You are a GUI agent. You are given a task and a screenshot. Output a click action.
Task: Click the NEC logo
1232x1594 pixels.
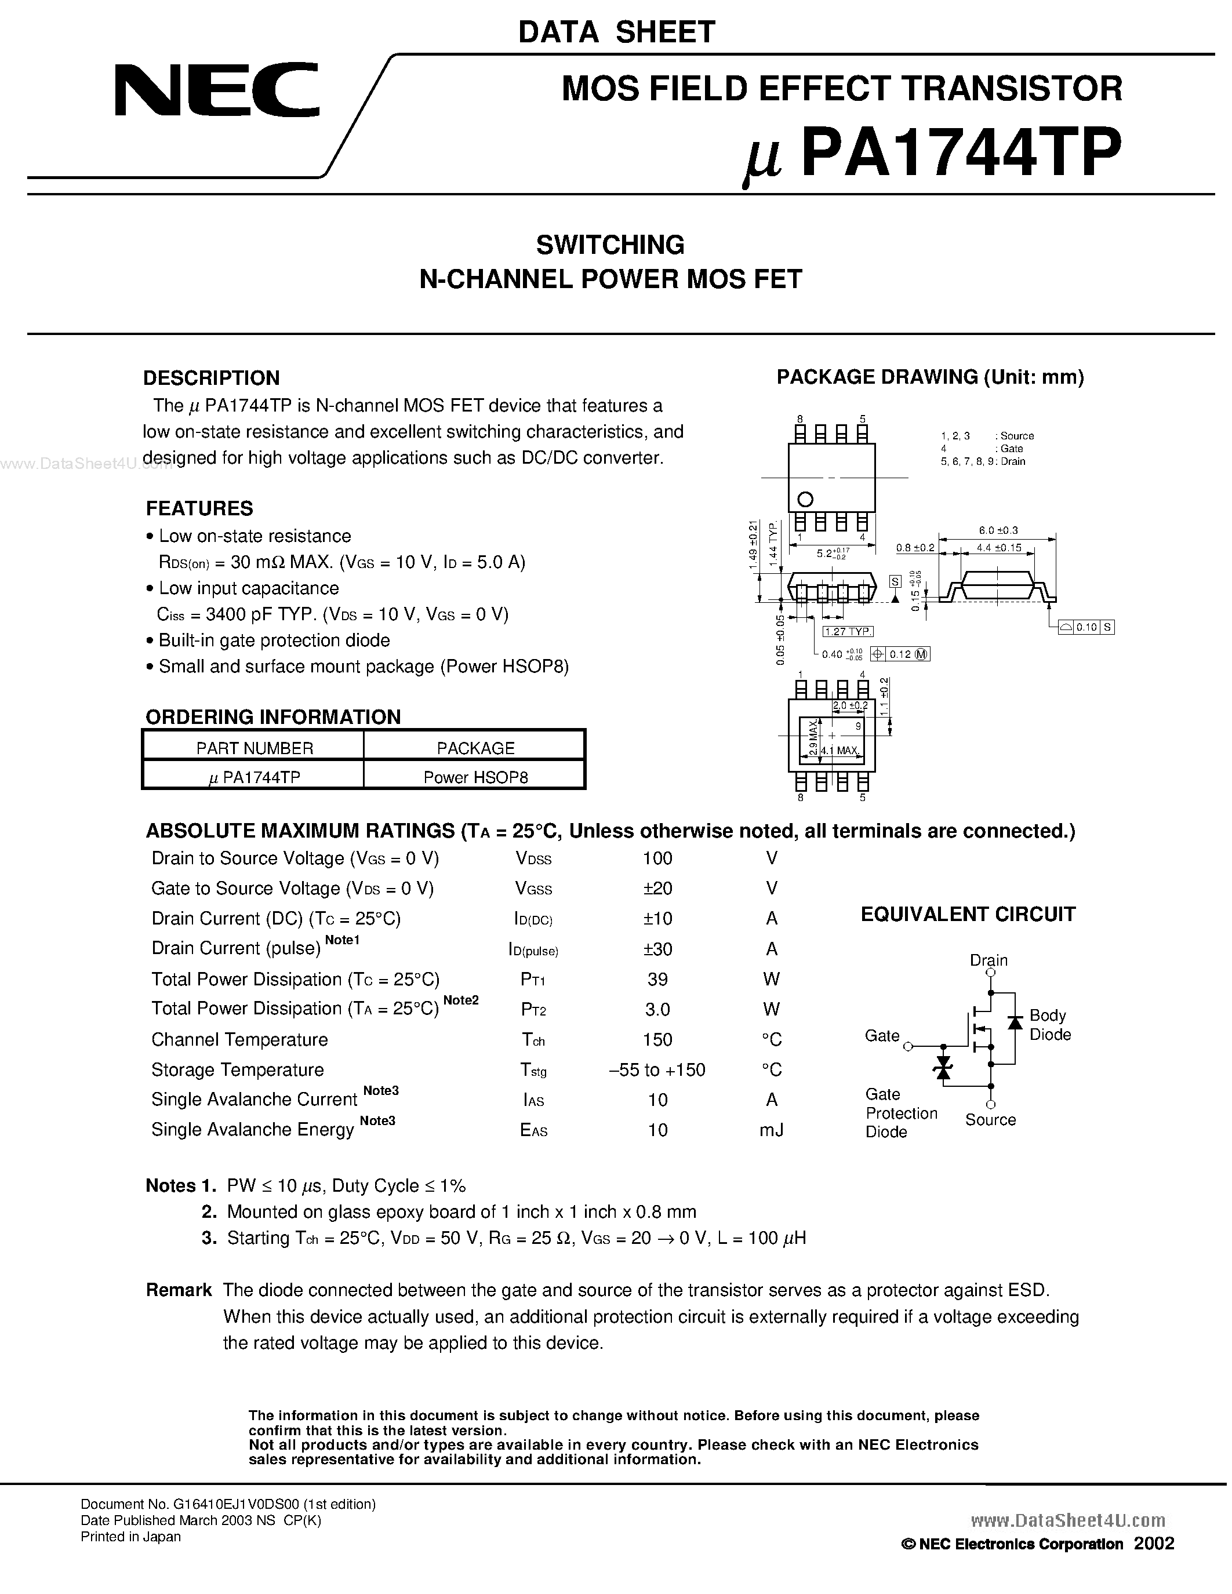click(x=217, y=90)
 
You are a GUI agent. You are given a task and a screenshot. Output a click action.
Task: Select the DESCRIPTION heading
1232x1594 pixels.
click(x=211, y=377)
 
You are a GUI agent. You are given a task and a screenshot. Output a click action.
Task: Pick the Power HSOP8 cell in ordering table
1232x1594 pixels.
click(x=475, y=777)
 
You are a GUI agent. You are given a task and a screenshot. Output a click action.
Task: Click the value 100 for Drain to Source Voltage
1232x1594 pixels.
click(x=657, y=858)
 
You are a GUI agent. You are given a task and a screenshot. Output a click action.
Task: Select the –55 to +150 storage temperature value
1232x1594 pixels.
click(x=657, y=1070)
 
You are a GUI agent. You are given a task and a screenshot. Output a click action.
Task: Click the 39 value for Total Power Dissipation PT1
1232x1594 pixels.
click(x=657, y=980)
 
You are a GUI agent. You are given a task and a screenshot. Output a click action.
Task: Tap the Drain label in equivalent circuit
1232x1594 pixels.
click(x=988, y=960)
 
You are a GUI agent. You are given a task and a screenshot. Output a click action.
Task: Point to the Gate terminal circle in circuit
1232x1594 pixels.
click(x=908, y=1047)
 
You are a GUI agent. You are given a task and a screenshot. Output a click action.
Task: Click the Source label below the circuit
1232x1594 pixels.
click(x=990, y=1120)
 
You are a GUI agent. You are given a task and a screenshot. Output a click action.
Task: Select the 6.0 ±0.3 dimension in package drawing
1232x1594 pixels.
click(x=998, y=530)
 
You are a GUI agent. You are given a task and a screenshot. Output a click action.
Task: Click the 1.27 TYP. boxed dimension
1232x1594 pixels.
click(x=848, y=631)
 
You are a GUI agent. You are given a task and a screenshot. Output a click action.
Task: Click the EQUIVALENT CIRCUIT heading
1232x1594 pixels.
click(x=968, y=915)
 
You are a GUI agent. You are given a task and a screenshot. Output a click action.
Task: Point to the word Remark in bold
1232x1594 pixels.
click(x=178, y=1290)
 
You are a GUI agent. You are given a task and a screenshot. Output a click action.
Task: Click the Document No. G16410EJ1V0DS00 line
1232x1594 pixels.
click(x=228, y=1504)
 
